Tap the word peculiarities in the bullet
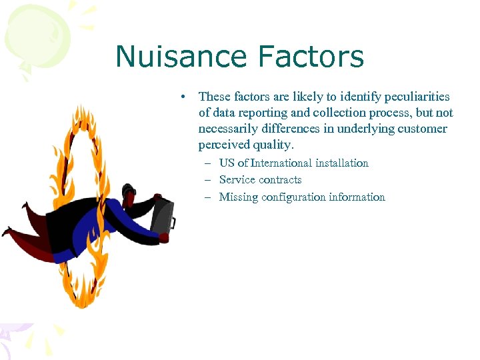click(x=409, y=97)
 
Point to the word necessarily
click(x=231, y=129)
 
